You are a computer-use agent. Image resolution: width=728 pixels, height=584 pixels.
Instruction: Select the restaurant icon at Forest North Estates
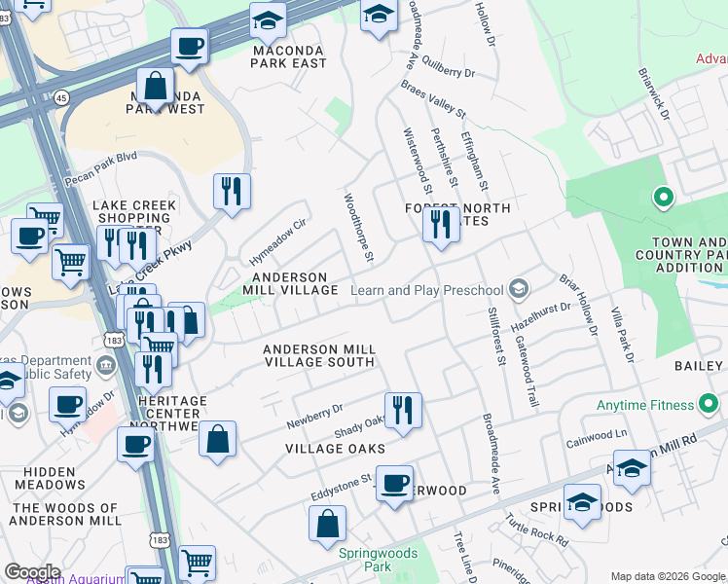(441, 226)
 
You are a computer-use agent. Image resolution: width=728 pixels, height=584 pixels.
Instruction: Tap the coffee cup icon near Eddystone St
(394, 485)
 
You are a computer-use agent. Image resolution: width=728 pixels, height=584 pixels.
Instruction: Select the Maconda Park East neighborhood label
(288, 56)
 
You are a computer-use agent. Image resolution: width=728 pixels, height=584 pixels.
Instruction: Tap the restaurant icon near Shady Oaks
(402, 411)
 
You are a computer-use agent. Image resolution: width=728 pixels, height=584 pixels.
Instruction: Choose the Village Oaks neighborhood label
(334, 449)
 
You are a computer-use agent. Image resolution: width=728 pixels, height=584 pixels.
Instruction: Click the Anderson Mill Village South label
(319, 355)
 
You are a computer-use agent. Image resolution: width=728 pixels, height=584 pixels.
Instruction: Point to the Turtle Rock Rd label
(535, 527)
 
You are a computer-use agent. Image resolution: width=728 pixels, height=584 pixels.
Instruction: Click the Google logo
(32, 572)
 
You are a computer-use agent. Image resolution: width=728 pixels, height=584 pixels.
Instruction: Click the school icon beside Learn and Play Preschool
(519, 288)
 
